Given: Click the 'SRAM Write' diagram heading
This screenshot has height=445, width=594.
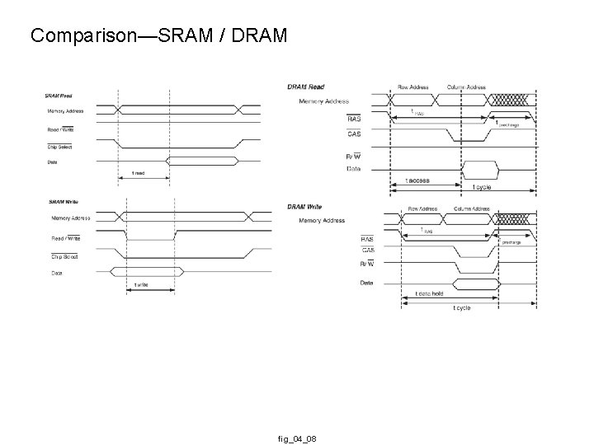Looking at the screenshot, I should (64, 201).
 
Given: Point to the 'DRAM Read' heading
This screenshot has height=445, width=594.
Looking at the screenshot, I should (305, 87).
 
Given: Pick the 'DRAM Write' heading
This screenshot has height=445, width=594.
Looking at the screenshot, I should (306, 207).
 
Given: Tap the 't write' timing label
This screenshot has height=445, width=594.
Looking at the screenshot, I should (142, 286).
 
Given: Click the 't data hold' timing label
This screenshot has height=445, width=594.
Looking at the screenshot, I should (429, 293).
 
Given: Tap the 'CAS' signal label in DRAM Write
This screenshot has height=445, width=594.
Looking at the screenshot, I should (367, 250).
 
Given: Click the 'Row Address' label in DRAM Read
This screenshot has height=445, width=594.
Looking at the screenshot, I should (413, 87).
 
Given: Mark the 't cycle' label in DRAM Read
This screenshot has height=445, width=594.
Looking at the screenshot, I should (482, 187).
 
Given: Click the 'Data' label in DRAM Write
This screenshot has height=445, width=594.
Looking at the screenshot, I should (366, 283).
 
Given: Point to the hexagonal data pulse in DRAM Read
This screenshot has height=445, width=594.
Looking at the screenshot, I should (480, 169).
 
